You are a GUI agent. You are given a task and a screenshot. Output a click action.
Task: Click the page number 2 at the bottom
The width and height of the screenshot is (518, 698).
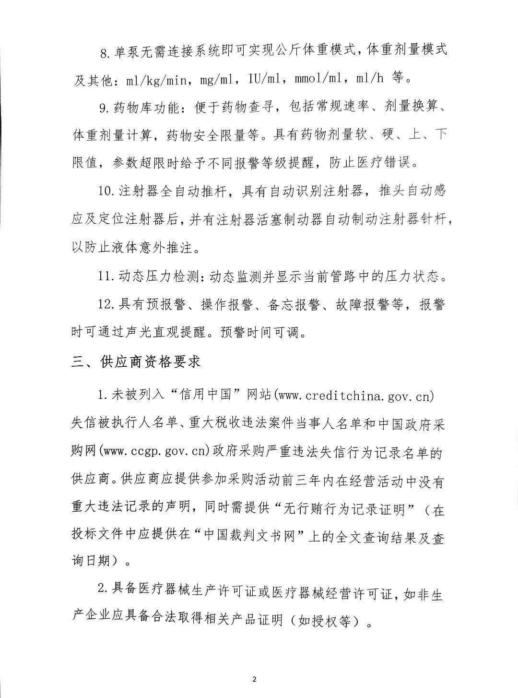(255, 679)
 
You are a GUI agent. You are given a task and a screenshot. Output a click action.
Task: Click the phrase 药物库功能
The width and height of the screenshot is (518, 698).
(145, 108)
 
